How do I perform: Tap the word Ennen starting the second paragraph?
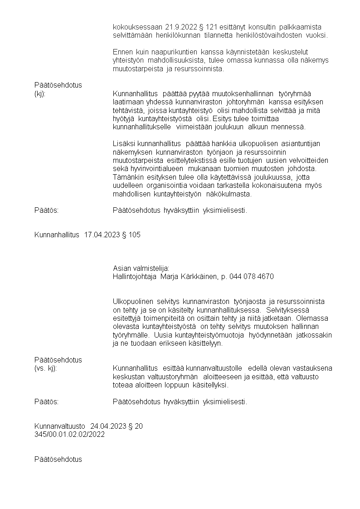122,52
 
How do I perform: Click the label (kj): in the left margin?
40,93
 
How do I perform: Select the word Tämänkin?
127,177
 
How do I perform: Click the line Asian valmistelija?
141,269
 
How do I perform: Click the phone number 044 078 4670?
252,277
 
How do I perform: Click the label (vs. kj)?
45,368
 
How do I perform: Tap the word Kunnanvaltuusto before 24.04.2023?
60,426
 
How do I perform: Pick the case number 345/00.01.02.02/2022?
69,434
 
